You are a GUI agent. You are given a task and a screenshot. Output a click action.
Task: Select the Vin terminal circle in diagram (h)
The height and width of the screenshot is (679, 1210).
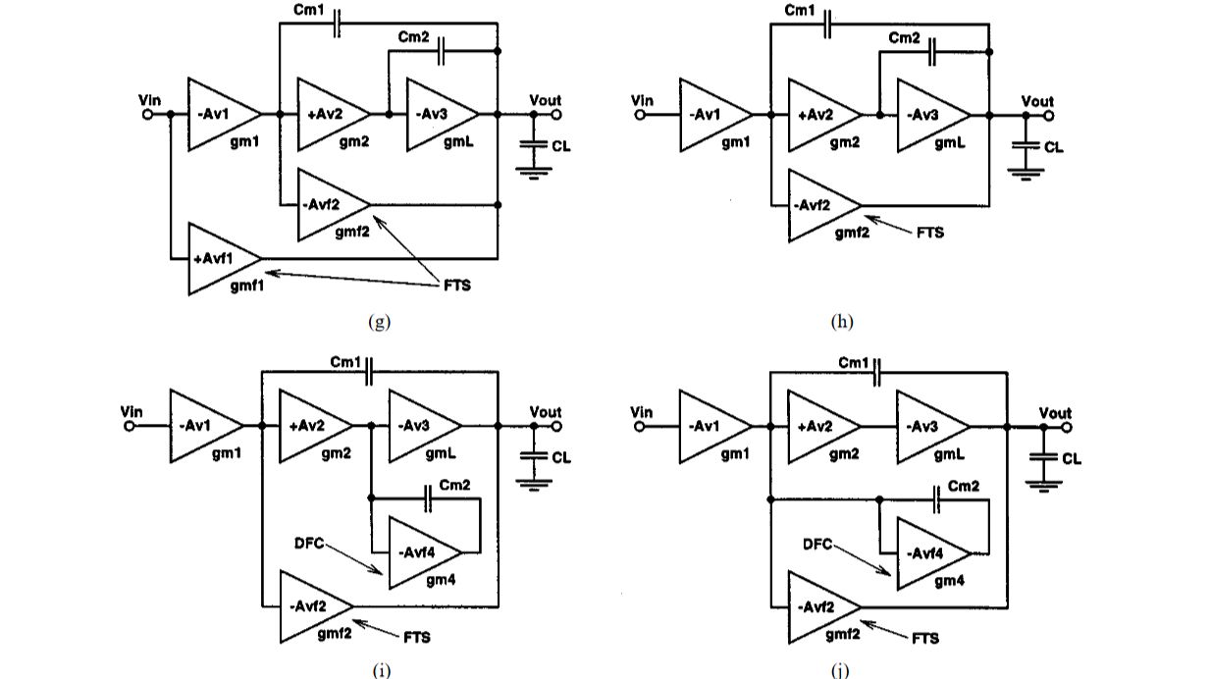click(x=640, y=115)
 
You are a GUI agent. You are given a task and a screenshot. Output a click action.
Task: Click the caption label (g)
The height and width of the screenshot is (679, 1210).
click(x=378, y=322)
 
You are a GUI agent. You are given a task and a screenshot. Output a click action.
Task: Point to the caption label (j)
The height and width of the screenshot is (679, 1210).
click(x=841, y=670)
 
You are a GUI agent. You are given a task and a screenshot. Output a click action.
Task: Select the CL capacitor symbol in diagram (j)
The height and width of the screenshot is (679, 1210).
click(x=1042, y=457)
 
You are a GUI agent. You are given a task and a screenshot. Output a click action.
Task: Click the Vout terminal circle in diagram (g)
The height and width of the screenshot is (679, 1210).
click(x=554, y=115)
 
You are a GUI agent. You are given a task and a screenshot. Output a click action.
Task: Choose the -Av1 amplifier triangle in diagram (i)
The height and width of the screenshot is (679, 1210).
click(x=201, y=426)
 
